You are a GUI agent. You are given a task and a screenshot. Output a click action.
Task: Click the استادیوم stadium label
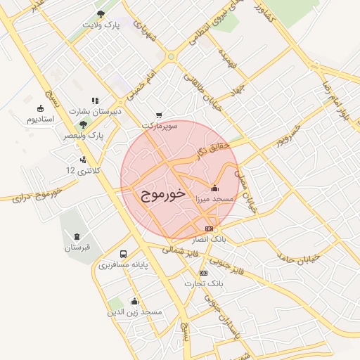(x=41, y=119)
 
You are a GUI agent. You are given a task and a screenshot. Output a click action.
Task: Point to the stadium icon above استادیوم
(x=41, y=108)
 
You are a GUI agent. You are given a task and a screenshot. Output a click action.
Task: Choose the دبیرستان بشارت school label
(x=96, y=111)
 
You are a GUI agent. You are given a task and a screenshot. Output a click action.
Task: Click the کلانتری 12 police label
(x=79, y=171)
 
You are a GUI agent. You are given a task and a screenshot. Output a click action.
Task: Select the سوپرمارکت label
(x=161, y=125)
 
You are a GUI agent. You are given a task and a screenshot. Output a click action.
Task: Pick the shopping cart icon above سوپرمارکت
(x=160, y=115)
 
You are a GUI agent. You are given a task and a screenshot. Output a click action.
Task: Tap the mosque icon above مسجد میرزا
(x=214, y=188)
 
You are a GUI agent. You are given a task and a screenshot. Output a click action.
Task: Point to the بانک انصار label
(x=209, y=240)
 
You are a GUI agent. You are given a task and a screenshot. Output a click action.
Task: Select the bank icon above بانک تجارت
(x=204, y=273)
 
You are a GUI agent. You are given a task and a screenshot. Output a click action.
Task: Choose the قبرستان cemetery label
(x=77, y=247)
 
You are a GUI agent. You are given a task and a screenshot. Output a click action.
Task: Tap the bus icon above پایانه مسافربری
(x=124, y=255)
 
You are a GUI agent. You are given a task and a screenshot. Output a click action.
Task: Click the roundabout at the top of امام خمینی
(x=171, y=56)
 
